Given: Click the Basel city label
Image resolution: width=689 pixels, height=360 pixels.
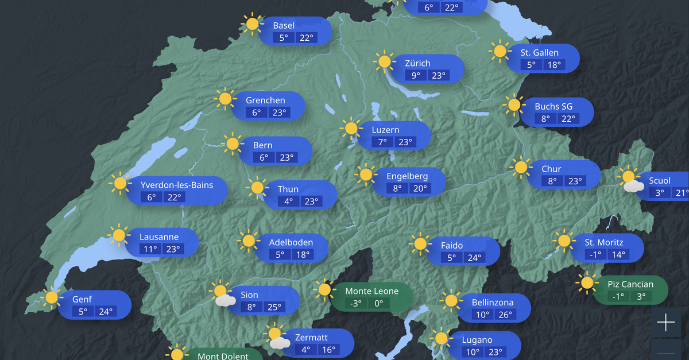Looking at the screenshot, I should click(284, 25).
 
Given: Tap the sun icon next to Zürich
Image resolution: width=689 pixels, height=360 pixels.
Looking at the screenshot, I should click(384, 62).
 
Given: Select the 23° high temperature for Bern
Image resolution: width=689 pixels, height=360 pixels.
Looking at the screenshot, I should click(287, 157).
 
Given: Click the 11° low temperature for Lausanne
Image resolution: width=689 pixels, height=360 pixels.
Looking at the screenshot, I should click(150, 249).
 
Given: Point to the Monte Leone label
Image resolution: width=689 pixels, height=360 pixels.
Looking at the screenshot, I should click(371, 291).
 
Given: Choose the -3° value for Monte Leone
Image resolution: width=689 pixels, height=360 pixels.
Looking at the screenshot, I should click(355, 304).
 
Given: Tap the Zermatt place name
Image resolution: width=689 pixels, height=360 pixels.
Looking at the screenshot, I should click(311, 337).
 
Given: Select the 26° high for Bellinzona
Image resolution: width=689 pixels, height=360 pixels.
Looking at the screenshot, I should click(505, 315).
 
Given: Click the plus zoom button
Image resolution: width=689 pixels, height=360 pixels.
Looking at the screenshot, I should click(666, 323).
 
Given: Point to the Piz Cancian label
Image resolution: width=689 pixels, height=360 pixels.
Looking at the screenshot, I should click(630, 284).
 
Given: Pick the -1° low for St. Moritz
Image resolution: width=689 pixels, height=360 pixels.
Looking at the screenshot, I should click(594, 255).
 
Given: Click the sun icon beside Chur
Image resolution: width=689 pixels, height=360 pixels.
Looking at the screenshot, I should click(521, 167).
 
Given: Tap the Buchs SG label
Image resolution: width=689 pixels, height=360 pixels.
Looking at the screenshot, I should click(553, 106).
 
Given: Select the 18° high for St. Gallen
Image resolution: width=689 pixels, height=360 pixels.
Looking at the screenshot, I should click(553, 65).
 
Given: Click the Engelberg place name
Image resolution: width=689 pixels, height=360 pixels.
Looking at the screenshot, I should click(407, 176).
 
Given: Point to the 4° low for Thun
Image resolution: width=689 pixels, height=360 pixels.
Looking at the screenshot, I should click(288, 202).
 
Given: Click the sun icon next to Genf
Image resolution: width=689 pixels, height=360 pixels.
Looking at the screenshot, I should click(52, 297).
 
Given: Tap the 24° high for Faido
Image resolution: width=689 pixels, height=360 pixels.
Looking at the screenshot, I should click(474, 258).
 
